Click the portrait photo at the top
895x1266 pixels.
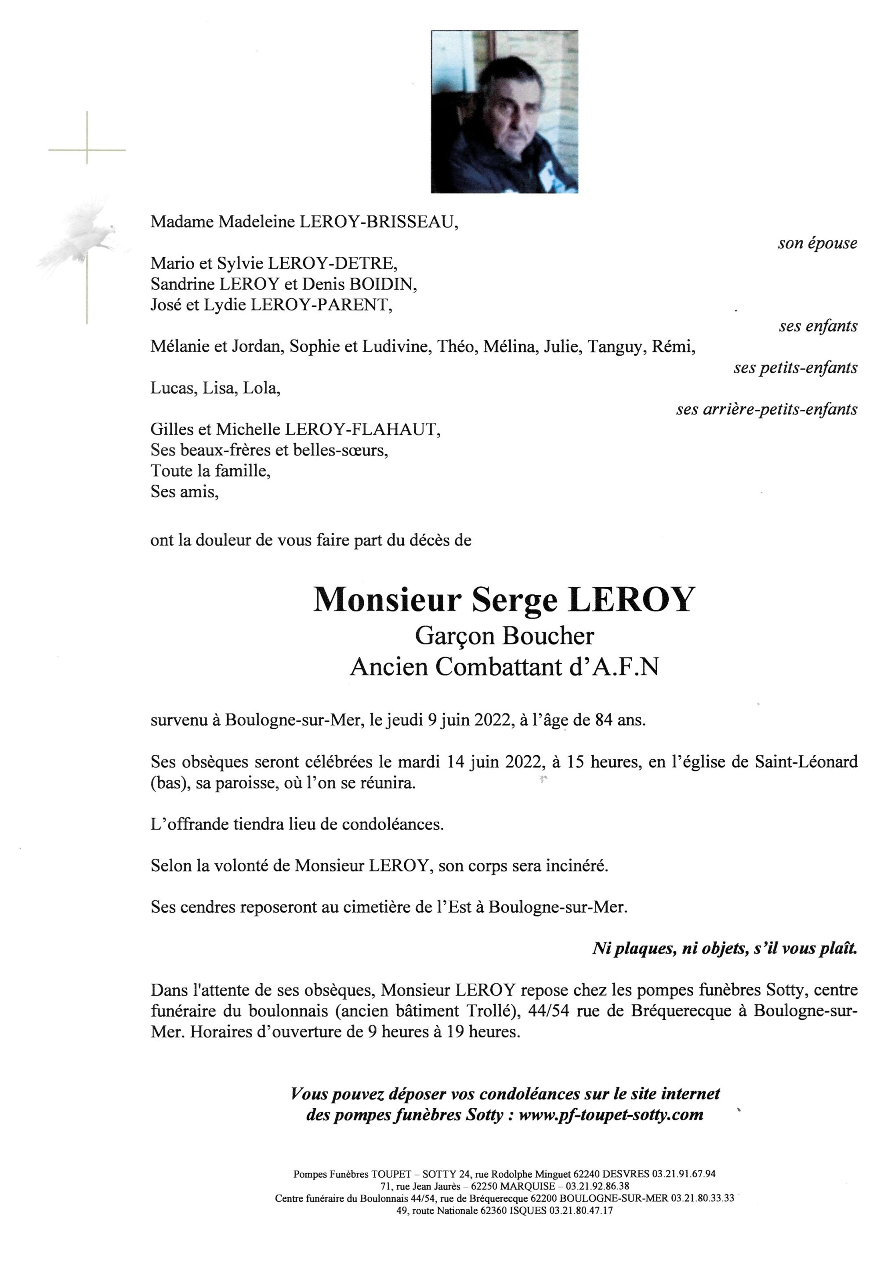504,112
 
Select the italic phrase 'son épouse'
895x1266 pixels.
817,243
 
